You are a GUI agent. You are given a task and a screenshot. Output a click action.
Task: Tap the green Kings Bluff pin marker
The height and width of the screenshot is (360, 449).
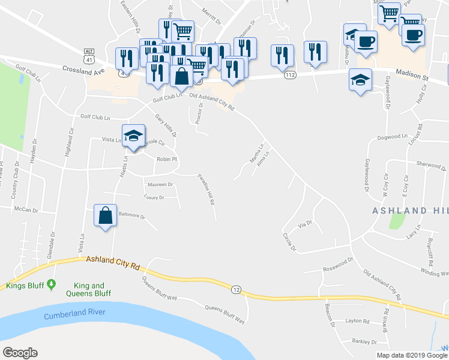(52, 283)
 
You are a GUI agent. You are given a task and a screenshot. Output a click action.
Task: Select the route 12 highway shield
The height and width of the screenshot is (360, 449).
(236, 290)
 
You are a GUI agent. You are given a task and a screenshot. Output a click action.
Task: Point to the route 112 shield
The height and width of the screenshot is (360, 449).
(291, 75)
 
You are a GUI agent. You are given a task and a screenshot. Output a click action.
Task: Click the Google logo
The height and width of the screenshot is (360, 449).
(20, 353)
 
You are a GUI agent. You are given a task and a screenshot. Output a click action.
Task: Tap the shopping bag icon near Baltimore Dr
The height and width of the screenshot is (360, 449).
(105, 215)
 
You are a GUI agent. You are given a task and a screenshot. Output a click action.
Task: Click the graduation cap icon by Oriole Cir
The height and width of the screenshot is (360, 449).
(133, 136)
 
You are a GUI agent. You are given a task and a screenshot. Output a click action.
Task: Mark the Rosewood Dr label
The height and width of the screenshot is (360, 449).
(337, 269)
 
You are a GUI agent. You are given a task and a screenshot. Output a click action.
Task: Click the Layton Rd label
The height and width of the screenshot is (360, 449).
(358, 321)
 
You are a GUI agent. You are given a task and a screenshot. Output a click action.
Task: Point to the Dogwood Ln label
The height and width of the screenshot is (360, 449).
(394, 136)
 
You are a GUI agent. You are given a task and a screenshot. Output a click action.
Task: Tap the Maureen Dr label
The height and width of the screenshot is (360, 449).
(158, 185)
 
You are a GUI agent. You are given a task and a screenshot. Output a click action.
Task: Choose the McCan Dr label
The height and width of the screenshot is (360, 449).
(26, 211)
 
